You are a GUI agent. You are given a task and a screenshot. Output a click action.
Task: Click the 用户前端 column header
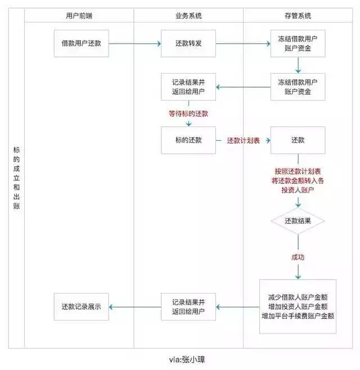[x=78, y=16]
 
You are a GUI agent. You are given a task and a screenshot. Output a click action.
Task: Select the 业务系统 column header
[x=188, y=16]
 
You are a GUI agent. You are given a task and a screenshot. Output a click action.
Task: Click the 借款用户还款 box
[x=82, y=43]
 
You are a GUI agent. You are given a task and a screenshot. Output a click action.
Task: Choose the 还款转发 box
[x=188, y=43]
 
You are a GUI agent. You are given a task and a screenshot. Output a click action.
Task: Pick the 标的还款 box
[x=188, y=139]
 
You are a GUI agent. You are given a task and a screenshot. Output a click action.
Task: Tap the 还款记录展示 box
[x=82, y=306]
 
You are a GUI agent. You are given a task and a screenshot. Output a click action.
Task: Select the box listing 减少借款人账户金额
[x=298, y=306]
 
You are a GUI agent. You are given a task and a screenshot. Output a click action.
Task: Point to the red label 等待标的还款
[x=188, y=114]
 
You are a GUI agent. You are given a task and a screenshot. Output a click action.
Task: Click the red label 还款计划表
[x=243, y=140]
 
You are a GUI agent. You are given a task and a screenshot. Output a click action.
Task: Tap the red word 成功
[x=298, y=256]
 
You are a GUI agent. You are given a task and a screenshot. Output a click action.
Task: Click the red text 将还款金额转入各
[x=298, y=181]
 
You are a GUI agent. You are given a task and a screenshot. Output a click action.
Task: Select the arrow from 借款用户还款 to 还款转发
[x=135, y=43]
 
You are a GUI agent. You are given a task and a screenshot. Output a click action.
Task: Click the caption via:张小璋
[x=181, y=358]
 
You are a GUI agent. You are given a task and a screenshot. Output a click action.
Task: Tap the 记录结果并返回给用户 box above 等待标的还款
[x=188, y=86]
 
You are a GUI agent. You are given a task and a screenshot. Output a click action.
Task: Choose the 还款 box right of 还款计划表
[x=298, y=139]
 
